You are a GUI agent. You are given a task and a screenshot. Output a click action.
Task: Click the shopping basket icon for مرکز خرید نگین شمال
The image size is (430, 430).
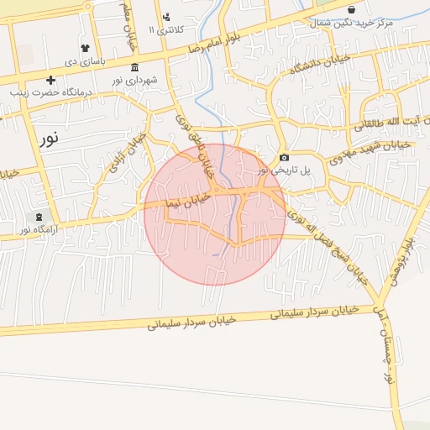point(351,9)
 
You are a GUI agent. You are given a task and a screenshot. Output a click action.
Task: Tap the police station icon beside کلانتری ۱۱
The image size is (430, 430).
point(166,17)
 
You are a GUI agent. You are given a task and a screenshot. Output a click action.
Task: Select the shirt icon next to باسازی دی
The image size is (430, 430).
point(85,48)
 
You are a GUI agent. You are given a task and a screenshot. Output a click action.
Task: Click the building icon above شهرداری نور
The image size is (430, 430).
point(134,67)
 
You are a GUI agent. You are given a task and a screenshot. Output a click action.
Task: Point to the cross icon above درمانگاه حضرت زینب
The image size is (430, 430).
point(51,81)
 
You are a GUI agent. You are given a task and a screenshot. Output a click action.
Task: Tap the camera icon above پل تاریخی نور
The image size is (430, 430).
point(284,158)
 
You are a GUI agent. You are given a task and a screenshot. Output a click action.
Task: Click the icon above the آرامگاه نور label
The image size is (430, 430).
point(38,217)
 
